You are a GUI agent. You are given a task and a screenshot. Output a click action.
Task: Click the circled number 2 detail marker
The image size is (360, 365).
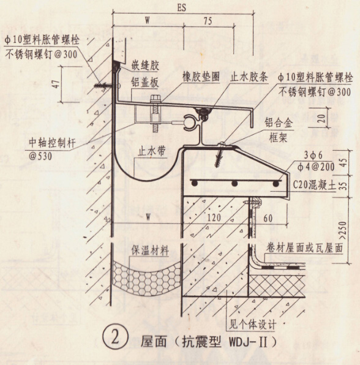coord(115,338)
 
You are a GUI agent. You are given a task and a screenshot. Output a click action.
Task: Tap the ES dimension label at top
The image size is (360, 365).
coord(182,7)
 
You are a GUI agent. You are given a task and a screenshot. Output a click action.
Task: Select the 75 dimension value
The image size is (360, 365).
coord(208,21)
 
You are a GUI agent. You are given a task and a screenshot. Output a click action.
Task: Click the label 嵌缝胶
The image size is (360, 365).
coord(145,66)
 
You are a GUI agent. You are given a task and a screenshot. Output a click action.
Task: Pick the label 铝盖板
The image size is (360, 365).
coord(144,83)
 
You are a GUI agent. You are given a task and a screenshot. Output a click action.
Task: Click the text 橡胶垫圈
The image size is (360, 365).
coord(201,77)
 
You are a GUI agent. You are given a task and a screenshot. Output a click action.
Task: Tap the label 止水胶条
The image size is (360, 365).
coord(249,77)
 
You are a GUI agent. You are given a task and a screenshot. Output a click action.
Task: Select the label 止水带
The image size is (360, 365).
coord(151,151)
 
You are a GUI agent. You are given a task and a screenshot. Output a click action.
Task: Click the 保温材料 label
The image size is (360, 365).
coord(150,250)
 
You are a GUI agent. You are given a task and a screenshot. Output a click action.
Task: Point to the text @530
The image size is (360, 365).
coord(40,156)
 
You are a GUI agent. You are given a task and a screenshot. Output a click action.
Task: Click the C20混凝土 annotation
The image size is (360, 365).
coord(315,186)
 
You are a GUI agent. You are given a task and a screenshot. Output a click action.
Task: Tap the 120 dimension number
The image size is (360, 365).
coord(214,217)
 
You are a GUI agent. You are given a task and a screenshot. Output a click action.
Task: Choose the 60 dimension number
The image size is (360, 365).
coord(268,218)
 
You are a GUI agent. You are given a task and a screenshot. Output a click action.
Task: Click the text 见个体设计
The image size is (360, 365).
coord(253,324)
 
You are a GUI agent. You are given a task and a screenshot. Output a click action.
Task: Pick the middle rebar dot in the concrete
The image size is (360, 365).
coord(234,184)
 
